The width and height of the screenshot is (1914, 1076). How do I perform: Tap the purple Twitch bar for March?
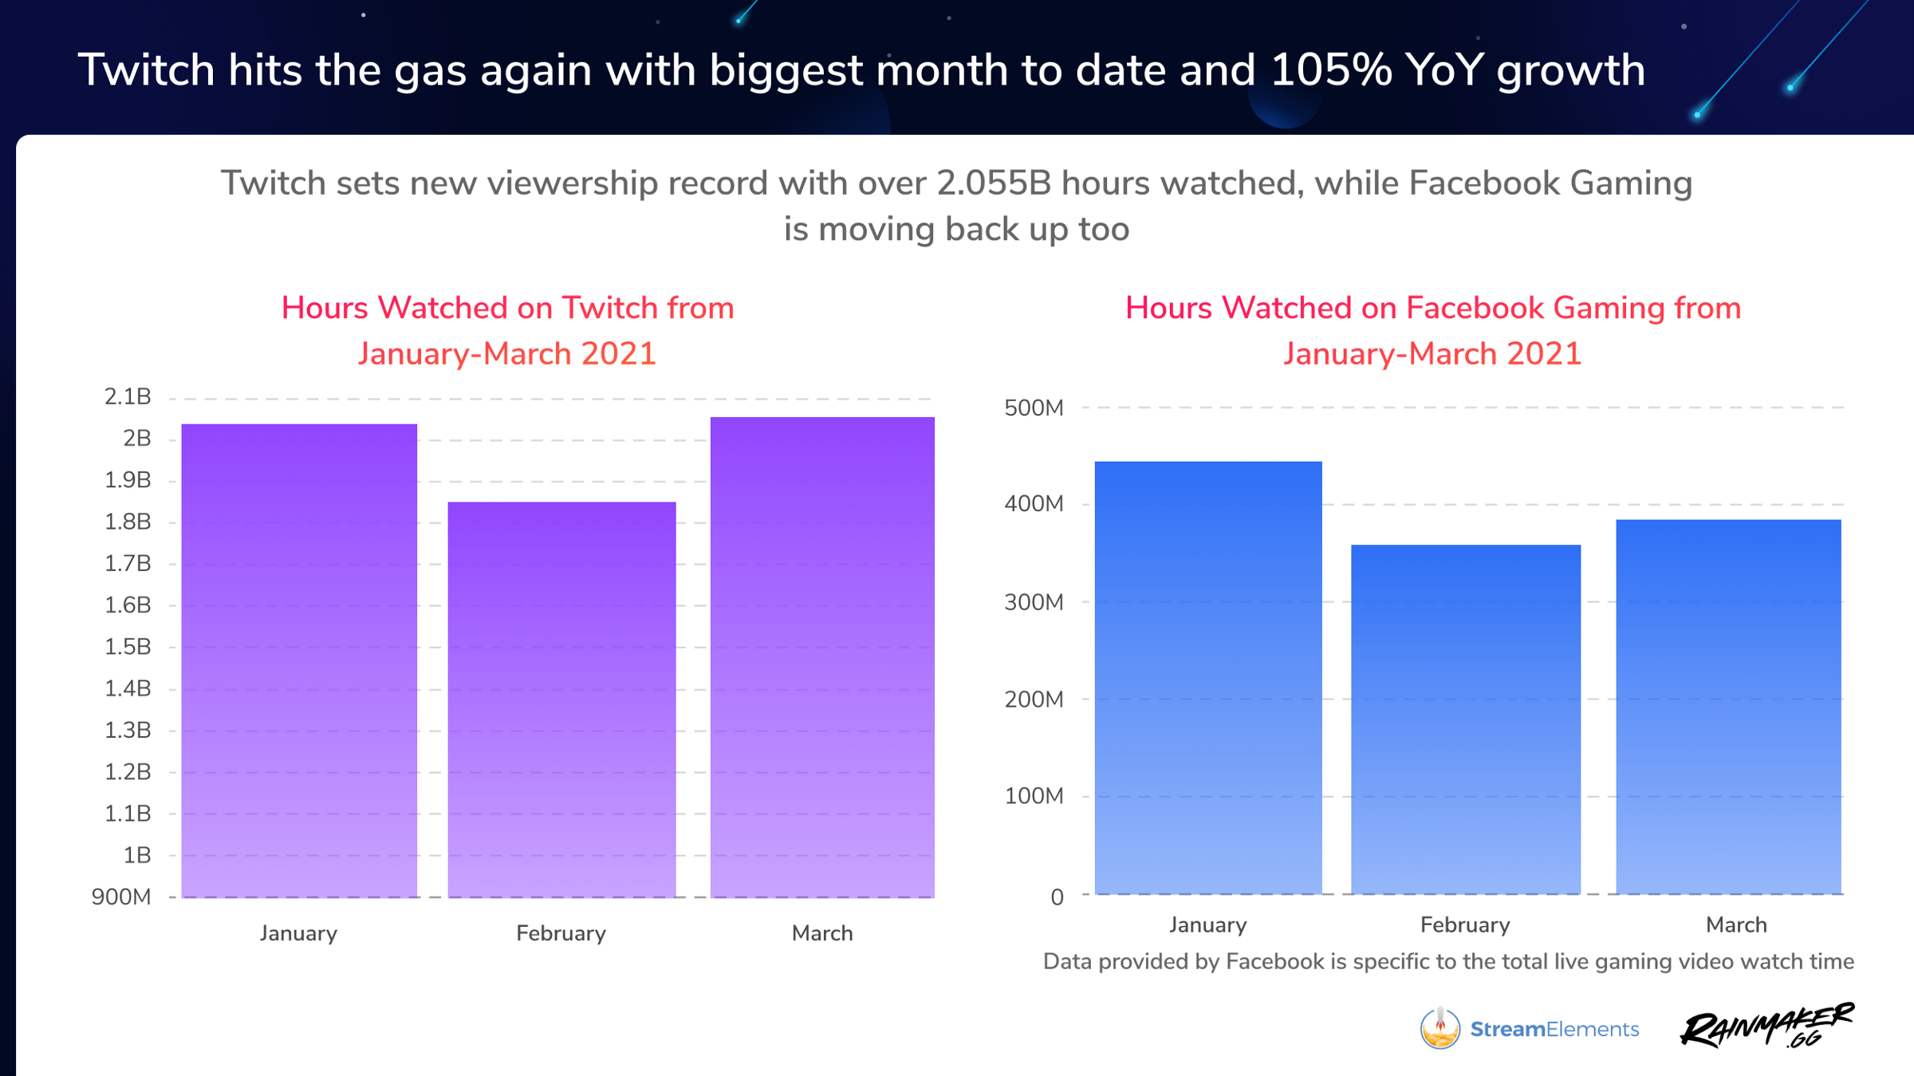[822, 657]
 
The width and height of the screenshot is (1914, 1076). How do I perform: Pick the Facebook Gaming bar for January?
[1208, 677]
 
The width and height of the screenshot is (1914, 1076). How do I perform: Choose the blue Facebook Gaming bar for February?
[1466, 719]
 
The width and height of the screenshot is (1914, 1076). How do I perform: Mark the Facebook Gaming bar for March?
[1728, 706]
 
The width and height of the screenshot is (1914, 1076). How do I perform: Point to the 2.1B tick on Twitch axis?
[128, 396]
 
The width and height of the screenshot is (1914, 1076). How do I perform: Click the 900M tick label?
[121, 897]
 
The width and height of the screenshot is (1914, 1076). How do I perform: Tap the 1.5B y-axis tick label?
[128, 647]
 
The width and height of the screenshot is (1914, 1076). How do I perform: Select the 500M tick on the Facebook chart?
[1034, 408]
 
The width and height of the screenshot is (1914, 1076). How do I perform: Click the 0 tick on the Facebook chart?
[1057, 897]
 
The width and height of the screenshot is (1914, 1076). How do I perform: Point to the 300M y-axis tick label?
[1034, 602]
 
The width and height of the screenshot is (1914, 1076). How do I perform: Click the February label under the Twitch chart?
[561, 933]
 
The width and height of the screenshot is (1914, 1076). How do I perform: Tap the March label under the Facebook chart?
[1736, 925]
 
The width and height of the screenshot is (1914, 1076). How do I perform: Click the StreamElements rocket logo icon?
[1440, 1028]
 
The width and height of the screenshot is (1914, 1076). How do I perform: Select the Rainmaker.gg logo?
[1766, 1026]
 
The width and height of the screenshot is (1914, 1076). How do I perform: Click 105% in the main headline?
[1331, 70]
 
